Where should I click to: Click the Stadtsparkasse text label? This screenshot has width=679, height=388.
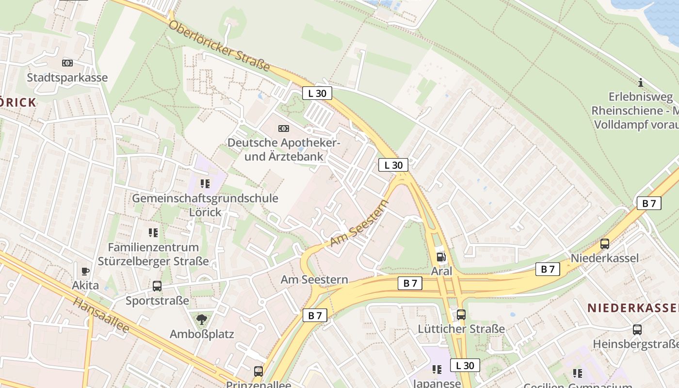pos(67,78)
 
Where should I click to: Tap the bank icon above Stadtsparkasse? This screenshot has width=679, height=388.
pos(67,63)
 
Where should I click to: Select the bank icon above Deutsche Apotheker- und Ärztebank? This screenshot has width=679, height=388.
pos(284,129)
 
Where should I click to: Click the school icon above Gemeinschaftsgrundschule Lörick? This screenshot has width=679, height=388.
pos(205,184)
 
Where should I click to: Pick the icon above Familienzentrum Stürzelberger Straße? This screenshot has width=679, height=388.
pos(153,233)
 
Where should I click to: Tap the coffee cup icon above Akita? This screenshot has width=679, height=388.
pos(85,271)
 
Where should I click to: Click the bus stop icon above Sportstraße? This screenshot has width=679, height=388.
pos(157,286)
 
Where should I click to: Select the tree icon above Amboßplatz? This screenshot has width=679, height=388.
pos(202,319)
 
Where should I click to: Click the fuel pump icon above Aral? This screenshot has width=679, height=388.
pos(441,257)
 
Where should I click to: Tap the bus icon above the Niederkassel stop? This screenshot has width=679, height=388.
pos(605,244)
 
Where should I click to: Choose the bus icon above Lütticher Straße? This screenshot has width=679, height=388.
pos(461,315)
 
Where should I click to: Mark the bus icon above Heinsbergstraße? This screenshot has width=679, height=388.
pos(637,330)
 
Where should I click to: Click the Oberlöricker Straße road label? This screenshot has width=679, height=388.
pos(219,46)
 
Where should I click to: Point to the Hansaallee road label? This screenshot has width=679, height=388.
pos(101,315)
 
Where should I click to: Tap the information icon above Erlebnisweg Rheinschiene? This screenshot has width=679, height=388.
pos(641,82)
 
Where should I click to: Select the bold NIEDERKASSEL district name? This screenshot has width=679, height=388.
pos(632,308)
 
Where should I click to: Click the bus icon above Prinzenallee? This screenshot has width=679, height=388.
pos(259,372)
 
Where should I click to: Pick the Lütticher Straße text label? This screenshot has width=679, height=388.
pos(461,329)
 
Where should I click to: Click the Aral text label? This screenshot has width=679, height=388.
pos(441,271)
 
